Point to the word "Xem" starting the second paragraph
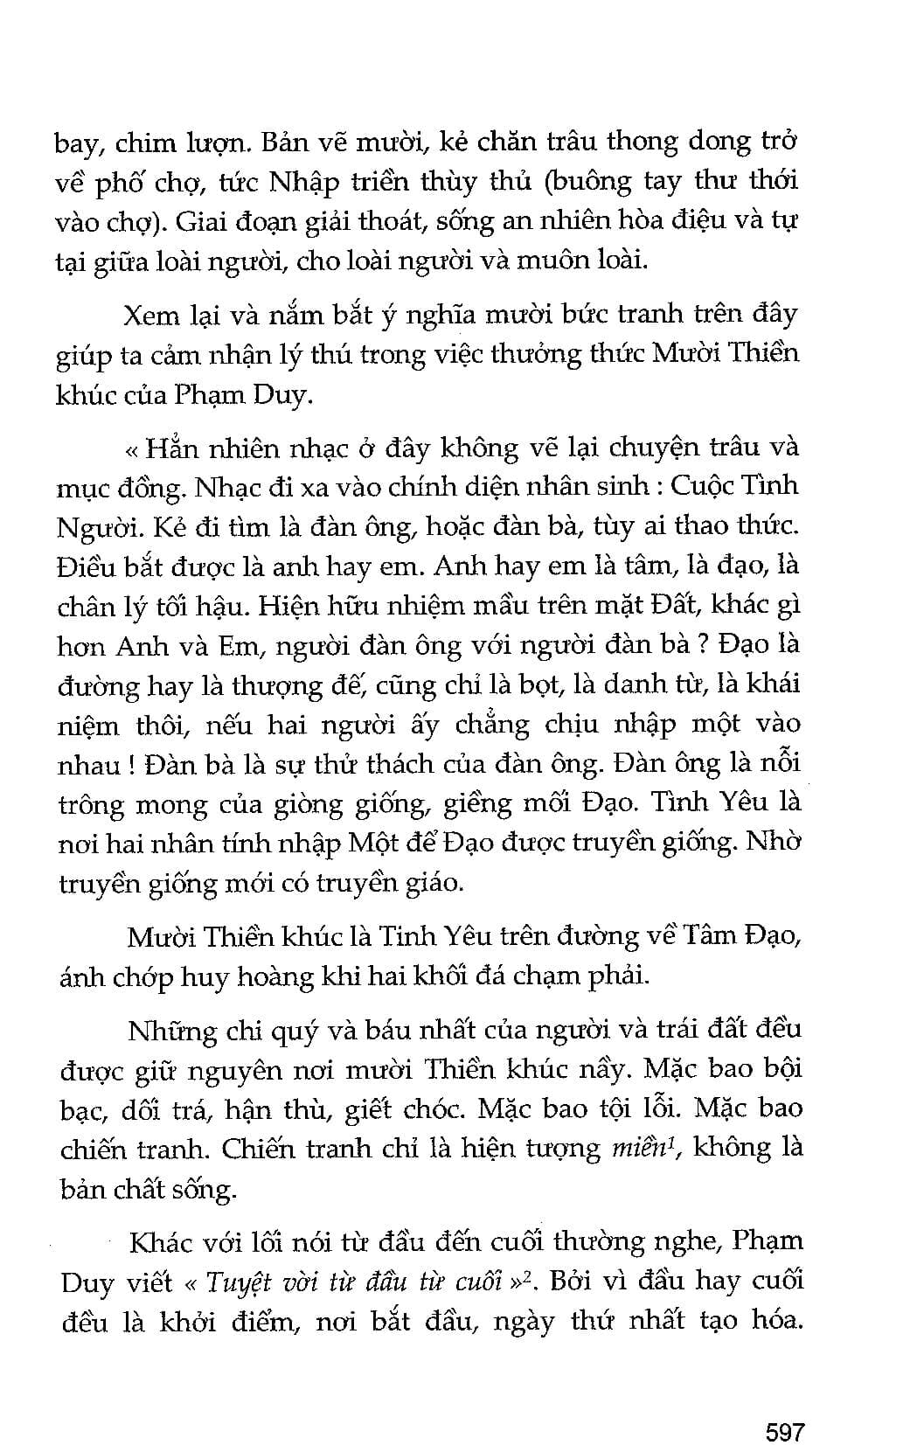coord(154,314)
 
